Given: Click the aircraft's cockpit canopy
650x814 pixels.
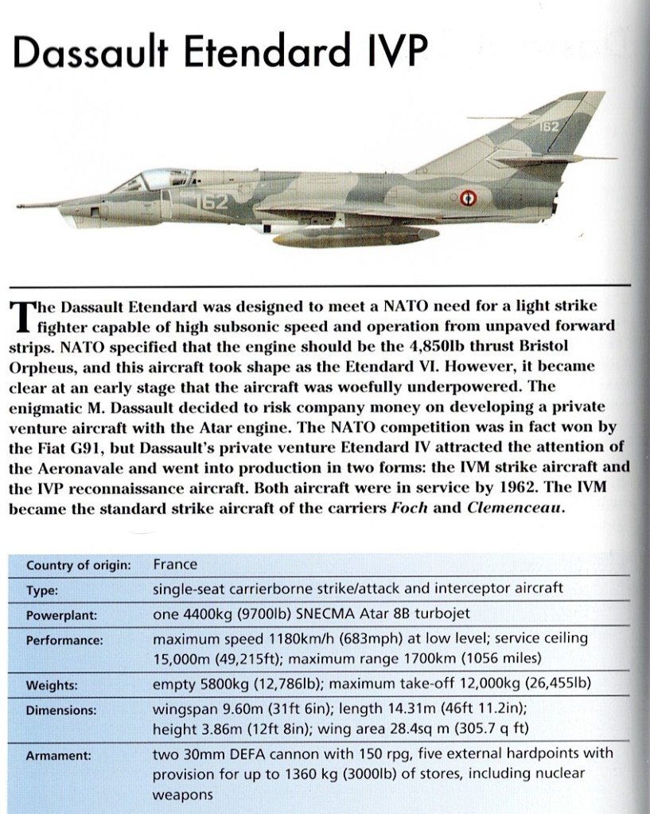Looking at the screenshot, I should pyautogui.click(x=147, y=178).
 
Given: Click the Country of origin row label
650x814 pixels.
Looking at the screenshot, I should pyautogui.click(x=78, y=566).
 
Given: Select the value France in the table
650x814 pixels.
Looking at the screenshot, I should pyautogui.click(x=174, y=565).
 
